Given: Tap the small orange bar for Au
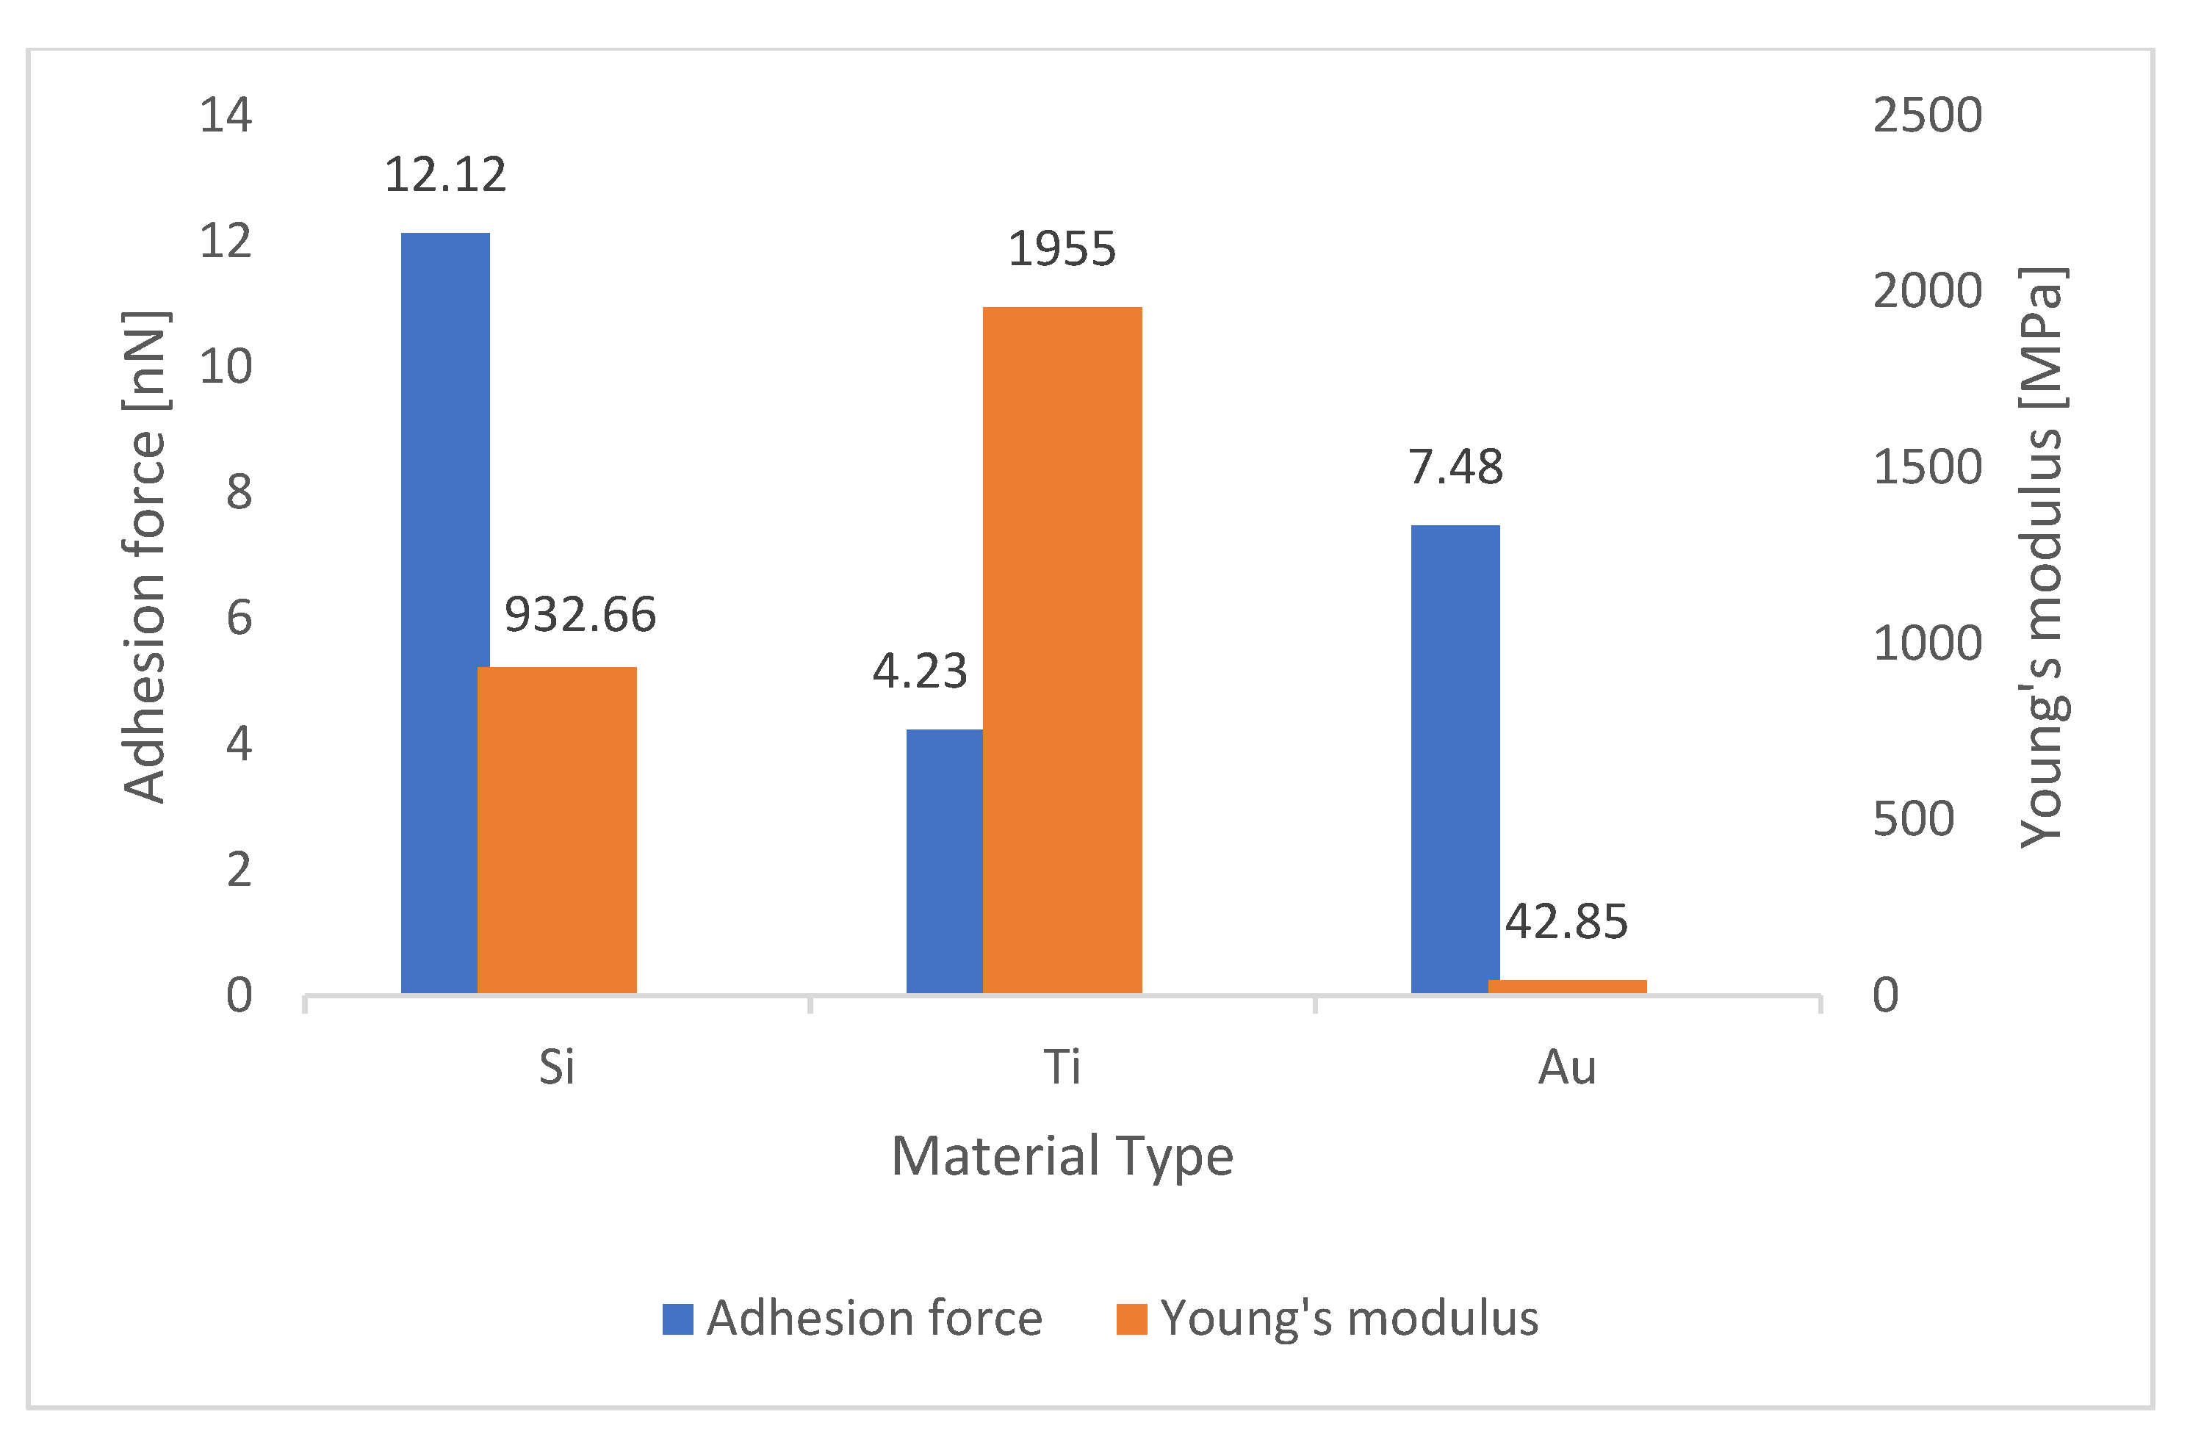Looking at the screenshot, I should click(1567, 987).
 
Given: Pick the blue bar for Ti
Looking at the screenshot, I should click(943, 860).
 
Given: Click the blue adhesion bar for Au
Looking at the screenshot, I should click(1455, 760).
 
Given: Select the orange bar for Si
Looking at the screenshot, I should click(557, 828).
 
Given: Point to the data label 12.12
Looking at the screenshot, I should click(444, 175).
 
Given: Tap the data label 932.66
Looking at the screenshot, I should click(580, 615).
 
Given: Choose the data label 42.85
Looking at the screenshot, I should click(1566, 921).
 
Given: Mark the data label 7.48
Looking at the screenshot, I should click(1455, 466).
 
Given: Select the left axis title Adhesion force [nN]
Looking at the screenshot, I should click(145, 557).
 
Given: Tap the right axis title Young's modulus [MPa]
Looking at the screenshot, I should click(2041, 557).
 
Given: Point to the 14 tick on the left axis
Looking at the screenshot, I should click(226, 115).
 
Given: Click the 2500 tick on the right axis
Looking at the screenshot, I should click(1927, 115).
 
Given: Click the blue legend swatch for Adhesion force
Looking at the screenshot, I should click(677, 1319).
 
